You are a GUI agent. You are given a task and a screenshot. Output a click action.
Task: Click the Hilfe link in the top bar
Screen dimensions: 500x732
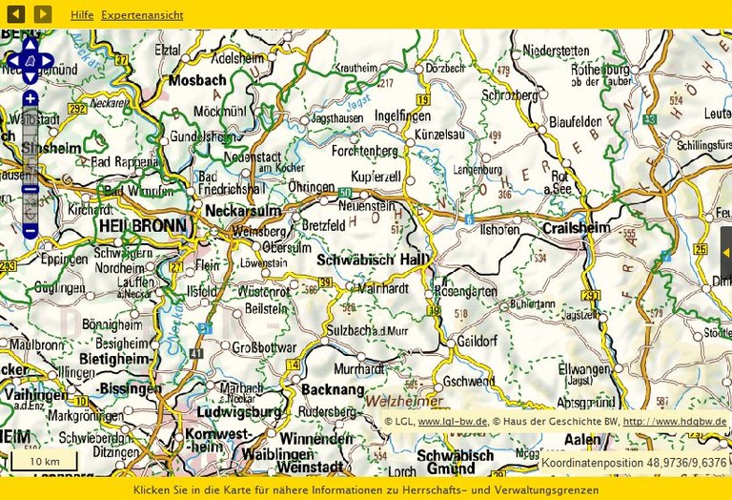pyautogui.click(x=82, y=15)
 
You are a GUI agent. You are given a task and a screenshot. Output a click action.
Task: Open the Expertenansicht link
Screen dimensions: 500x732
pyautogui.click(x=142, y=15)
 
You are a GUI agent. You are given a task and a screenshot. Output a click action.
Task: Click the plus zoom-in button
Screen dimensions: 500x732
pyautogui.click(x=30, y=99)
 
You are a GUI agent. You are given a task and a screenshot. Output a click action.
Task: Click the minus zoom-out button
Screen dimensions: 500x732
pyautogui.click(x=30, y=231)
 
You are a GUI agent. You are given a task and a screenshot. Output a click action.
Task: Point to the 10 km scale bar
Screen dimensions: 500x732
pyautogui.click(x=44, y=462)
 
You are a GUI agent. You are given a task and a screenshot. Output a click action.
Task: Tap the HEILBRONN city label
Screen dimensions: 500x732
pyautogui.click(x=144, y=226)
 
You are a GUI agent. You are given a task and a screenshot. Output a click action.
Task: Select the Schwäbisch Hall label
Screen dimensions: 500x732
pyautogui.click(x=373, y=260)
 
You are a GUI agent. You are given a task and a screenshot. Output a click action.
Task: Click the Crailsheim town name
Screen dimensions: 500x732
pyautogui.click(x=575, y=228)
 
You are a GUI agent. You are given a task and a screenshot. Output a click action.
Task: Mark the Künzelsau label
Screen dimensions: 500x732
pyautogui.click(x=439, y=135)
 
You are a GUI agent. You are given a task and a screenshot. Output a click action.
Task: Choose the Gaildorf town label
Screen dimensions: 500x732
pyautogui.click(x=478, y=341)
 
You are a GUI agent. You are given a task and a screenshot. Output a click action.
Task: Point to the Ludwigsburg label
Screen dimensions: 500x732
pyautogui.click(x=239, y=412)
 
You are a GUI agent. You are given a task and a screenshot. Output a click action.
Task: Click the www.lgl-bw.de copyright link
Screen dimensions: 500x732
pyautogui.click(x=453, y=421)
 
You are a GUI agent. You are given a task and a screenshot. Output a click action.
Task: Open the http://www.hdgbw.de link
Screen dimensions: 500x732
pyautogui.click(x=674, y=421)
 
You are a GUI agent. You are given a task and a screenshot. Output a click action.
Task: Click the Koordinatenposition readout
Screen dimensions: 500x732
pyautogui.click(x=634, y=463)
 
